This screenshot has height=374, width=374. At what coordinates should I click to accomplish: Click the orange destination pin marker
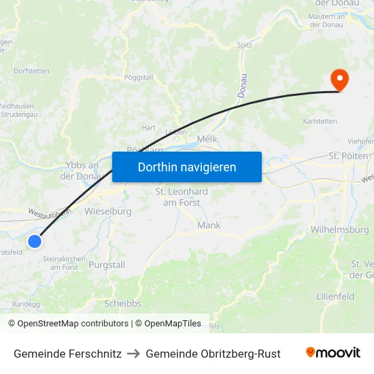(x=339, y=80)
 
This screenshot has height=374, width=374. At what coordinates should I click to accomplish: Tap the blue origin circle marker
(x=35, y=241)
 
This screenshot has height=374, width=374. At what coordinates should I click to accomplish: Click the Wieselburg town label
(x=107, y=211)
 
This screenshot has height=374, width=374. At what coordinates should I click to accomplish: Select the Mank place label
(x=209, y=225)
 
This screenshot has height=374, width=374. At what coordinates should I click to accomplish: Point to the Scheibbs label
(x=122, y=303)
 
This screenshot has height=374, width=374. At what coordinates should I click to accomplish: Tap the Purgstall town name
(x=108, y=265)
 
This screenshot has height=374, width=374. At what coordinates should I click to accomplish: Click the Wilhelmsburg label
(x=339, y=230)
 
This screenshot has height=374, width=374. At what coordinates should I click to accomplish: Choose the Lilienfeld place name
(x=336, y=296)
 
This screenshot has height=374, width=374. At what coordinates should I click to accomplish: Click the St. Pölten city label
(x=348, y=156)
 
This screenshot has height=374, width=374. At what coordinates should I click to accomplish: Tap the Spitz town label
(x=245, y=46)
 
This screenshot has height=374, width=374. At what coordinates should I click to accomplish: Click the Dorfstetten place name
(x=31, y=70)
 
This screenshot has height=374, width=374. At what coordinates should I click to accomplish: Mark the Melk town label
(x=206, y=139)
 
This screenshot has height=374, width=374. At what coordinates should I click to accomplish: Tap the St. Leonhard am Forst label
(x=182, y=197)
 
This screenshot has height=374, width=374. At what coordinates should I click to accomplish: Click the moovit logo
(x=333, y=353)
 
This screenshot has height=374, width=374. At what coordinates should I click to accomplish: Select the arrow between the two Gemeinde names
(x=133, y=354)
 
